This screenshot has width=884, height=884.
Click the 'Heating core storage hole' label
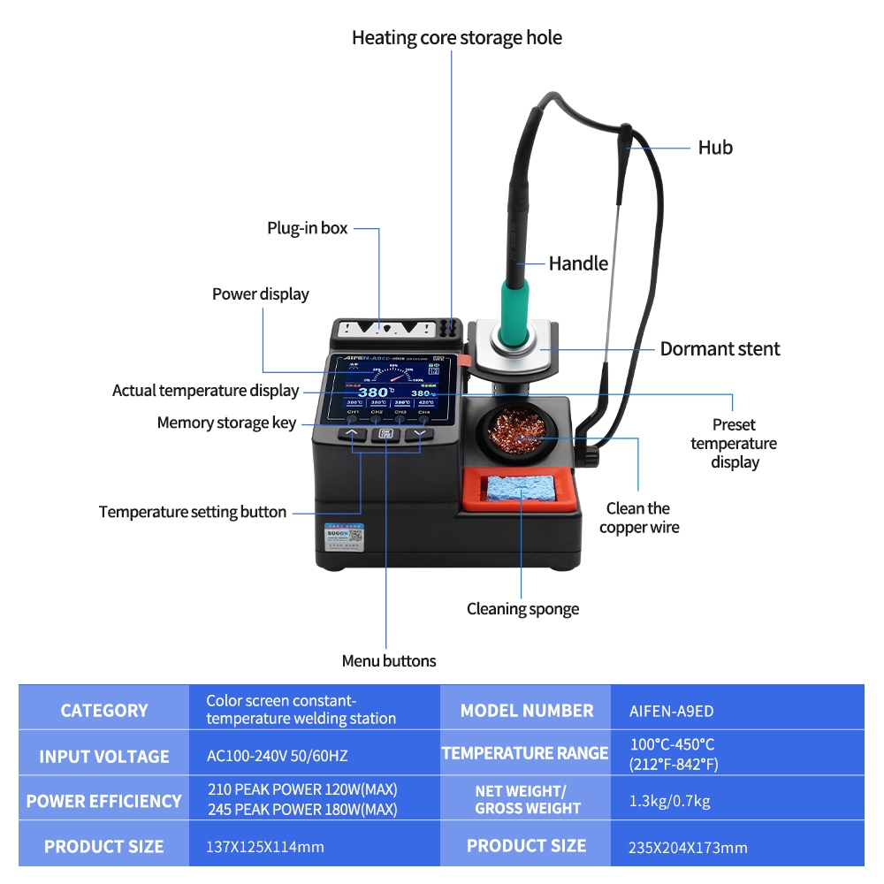coord(456,38)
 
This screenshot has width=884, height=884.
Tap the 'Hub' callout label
coord(715,148)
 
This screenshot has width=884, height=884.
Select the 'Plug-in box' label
coord(308,228)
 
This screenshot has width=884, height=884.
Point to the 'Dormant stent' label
coord(720,349)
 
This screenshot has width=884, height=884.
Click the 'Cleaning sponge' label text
coord(522,609)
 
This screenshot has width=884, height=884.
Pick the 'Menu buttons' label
coord(389,661)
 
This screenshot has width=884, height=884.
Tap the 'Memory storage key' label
coord(226,423)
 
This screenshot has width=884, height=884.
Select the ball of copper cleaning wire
coord(516,433)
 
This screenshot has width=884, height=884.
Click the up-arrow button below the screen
coord(352,434)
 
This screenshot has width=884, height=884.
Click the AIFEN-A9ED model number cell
coord(671,711)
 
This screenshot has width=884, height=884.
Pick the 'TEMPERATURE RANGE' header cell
coord(525,754)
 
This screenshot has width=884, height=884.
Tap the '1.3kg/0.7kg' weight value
coord(669,802)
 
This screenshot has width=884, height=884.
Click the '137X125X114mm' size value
coord(264,847)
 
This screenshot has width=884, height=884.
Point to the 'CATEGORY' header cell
coord(104,711)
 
